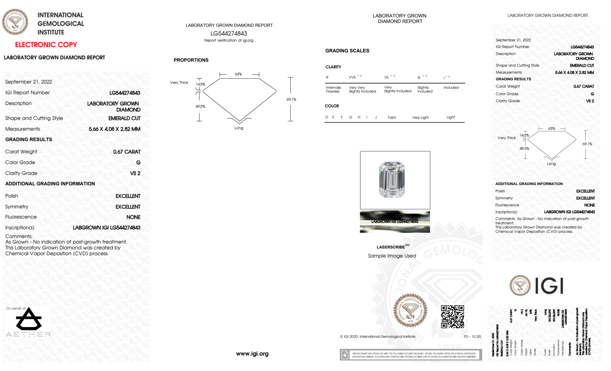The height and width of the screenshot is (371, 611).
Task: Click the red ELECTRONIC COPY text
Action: (x=46, y=45)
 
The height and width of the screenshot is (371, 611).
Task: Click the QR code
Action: (x=452, y=316)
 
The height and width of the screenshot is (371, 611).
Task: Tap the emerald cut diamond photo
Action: (x=392, y=180)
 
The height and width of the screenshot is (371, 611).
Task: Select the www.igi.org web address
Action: (x=252, y=354)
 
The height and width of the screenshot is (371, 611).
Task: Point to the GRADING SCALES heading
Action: (x=347, y=51)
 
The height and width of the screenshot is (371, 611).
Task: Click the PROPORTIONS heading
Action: (x=191, y=60)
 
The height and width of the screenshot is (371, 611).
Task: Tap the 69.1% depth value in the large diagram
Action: (x=291, y=99)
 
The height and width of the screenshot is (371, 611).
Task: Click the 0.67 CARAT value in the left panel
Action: (x=127, y=152)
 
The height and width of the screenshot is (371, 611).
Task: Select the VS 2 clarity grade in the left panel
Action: (x=135, y=173)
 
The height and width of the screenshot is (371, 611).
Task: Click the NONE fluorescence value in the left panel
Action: (x=133, y=217)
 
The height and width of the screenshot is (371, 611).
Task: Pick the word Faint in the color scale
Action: (x=392, y=118)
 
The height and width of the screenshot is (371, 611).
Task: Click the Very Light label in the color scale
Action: (x=420, y=118)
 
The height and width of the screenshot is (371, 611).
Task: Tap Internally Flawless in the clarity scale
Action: (x=333, y=89)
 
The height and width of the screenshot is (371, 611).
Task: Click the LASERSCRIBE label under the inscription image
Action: (x=391, y=247)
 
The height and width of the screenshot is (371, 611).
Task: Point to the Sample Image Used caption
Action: (x=392, y=256)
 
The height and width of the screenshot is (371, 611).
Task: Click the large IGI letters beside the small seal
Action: (x=549, y=286)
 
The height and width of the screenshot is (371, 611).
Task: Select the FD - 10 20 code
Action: (x=472, y=336)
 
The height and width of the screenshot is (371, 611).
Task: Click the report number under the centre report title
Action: (x=229, y=33)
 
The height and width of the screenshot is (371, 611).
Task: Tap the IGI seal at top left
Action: (x=15, y=22)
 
